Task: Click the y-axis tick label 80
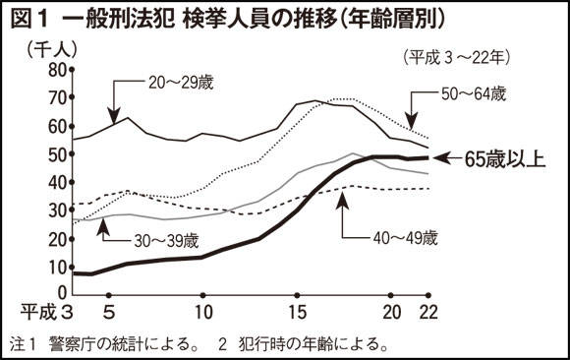pyautogui.click(x=53, y=69)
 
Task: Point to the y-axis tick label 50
pyautogui.click(x=53, y=153)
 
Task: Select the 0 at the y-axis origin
pyautogui.click(x=59, y=293)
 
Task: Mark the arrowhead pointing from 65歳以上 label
pyautogui.click(x=439, y=157)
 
